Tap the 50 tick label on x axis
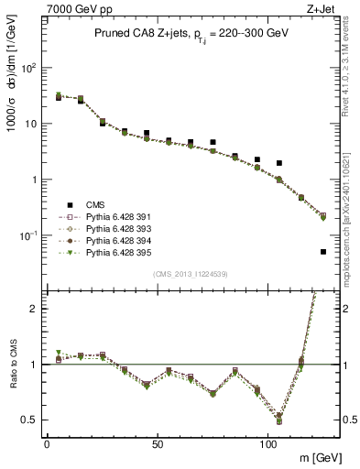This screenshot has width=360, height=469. [157, 442]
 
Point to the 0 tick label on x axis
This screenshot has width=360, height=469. [47, 442]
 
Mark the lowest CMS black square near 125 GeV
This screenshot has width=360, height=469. [323, 252]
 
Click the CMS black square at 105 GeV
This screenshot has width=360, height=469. [279, 163]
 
